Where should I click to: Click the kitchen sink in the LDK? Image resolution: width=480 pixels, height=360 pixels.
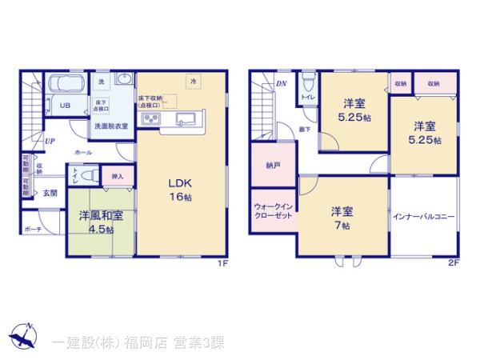pyautogui.click(x=182, y=121)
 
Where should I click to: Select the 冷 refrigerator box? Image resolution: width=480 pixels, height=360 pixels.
pyautogui.click(x=193, y=81)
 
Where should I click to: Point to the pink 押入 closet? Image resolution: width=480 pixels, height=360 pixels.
pyautogui.click(x=117, y=175)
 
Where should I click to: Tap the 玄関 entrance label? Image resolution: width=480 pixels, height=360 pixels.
pyautogui.click(x=50, y=192)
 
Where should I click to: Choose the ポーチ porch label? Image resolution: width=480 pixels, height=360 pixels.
pyautogui.click(x=34, y=229)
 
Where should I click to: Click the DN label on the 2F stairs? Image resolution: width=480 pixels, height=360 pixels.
pyautogui.click(x=281, y=82)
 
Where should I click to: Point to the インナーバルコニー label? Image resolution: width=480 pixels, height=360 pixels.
pyautogui.click(x=424, y=216)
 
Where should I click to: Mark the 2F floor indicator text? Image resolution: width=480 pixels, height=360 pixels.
pyautogui.click(x=453, y=262)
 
